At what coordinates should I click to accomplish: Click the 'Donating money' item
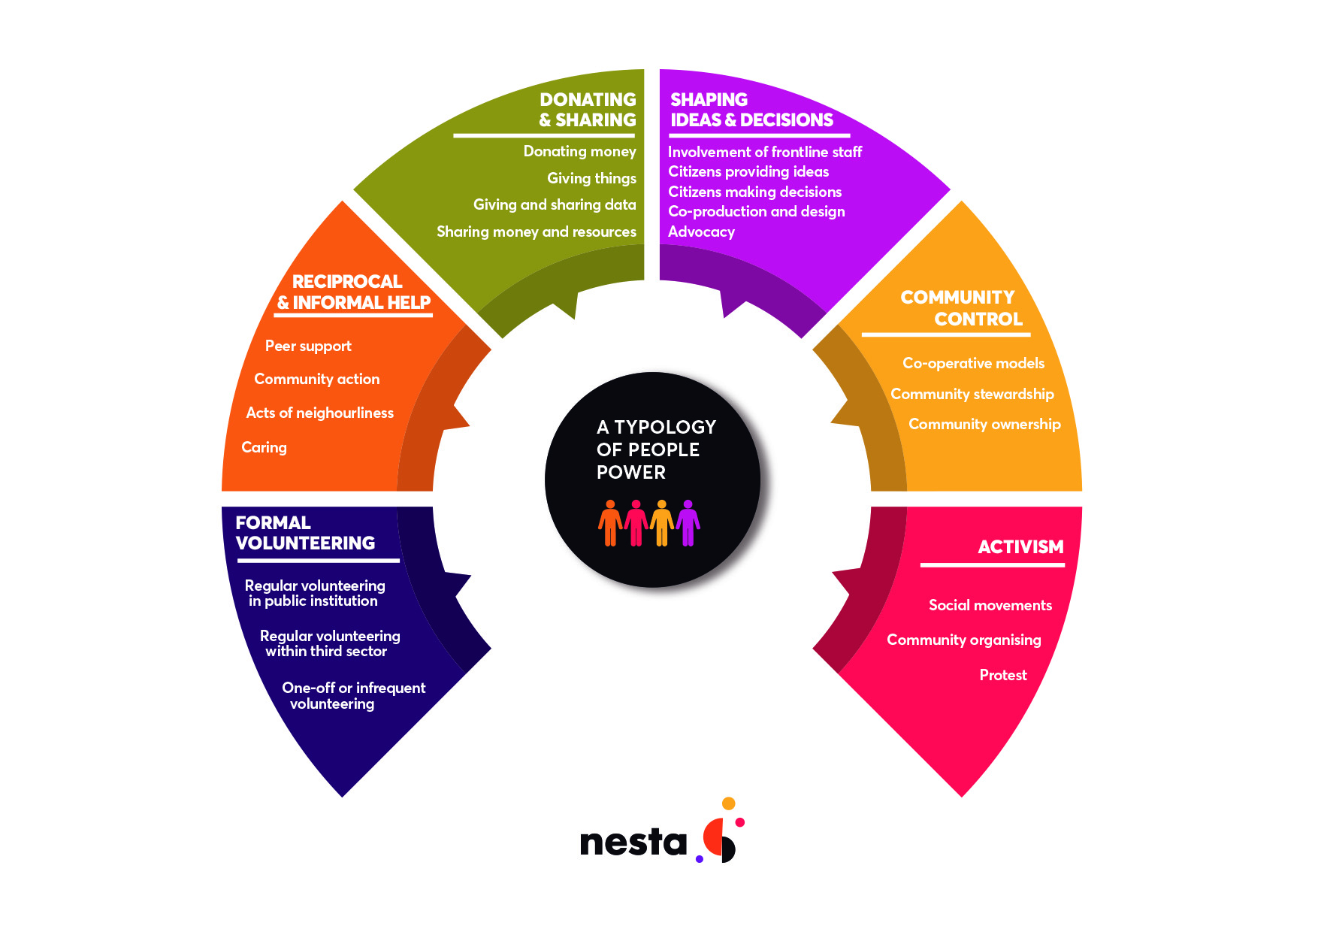579,151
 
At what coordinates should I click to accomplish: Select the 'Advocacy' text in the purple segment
701,231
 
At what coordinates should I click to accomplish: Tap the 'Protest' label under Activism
1002,675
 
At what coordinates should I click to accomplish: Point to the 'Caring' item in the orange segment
264,447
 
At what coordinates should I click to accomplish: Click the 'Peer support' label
308,346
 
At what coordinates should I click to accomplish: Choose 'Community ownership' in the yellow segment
984,424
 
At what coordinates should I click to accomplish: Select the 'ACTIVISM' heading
1020,547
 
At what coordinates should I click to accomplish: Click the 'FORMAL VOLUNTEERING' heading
305,533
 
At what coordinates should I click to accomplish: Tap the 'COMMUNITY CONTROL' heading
961,308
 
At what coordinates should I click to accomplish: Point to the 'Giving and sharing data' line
555,204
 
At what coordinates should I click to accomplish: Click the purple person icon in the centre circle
688,522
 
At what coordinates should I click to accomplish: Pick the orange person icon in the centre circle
610,522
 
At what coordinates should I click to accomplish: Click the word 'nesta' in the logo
633,843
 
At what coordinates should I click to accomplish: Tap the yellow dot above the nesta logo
728,803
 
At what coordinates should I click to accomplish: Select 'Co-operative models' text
973,363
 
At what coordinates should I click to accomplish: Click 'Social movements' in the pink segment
990,605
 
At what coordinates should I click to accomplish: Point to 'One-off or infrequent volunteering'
353,695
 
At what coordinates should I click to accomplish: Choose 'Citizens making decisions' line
754,192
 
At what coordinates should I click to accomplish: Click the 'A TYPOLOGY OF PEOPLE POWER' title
655,449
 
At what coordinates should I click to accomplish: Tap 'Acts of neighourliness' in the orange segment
319,413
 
